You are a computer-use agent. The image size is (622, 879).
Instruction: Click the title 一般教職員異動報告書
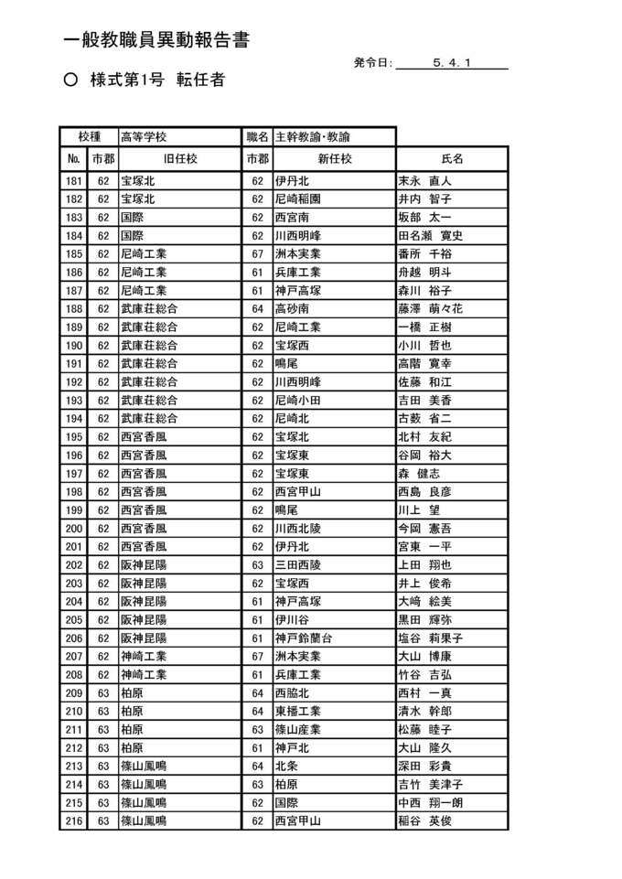156,40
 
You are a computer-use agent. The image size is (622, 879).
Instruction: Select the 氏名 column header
453,159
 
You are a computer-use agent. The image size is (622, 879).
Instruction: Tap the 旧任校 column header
179,159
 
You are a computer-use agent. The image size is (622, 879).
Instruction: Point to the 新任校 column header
334,159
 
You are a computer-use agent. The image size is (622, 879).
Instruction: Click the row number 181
75,180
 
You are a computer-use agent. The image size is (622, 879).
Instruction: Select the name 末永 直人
424,180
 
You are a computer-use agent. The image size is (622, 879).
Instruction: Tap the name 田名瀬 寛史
431,235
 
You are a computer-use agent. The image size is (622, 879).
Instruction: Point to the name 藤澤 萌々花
431,308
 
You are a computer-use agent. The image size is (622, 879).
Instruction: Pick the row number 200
75,528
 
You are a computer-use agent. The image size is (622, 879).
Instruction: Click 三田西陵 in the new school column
298,564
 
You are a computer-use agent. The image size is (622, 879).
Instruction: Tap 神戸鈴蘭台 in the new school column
304,638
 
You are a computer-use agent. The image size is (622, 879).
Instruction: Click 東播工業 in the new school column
298,711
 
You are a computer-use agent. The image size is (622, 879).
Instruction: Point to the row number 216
75,820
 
